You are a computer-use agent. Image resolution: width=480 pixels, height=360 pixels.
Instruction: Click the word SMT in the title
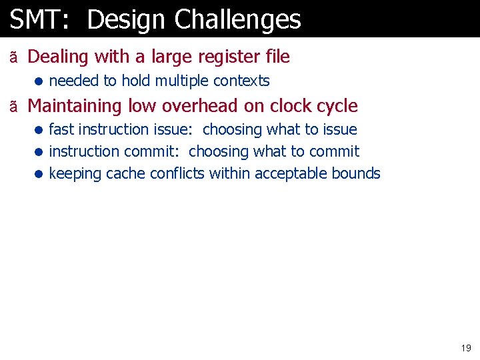click(34, 20)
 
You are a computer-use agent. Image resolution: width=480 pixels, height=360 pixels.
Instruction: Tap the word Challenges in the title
click(237, 20)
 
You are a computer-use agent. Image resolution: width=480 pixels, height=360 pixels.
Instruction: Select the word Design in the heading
click(126, 20)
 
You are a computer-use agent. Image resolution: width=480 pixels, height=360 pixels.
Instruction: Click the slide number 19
click(465, 348)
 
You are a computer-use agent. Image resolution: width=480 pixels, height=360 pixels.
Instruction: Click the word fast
click(61, 129)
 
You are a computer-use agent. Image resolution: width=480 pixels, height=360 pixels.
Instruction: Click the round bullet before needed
click(40, 82)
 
